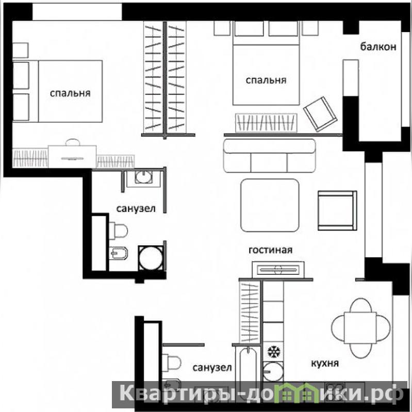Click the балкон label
(x=378, y=47)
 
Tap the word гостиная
(x=270, y=250)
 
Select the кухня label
(x=325, y=364)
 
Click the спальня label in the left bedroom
(x=70, y=93)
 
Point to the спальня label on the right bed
(x=266, y=80)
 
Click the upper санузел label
(x=136, y=209)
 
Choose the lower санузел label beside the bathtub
(x=212, y=368)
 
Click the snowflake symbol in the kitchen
(x=274, y=352)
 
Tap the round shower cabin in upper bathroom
(x=151, y=258)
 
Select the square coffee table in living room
(x=270, y=205)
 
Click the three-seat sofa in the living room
(x=269, y=156)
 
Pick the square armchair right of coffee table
(x=337, y=210)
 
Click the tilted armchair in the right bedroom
(x=320, y=114)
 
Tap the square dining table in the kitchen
(x=360, y=328)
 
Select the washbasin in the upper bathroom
(x=143, y=177)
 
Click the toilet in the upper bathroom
(x=119, y=231)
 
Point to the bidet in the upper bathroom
(x=118, y=253)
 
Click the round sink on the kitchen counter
(x=273, y=372)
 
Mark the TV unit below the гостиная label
(x=278, y=270)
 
